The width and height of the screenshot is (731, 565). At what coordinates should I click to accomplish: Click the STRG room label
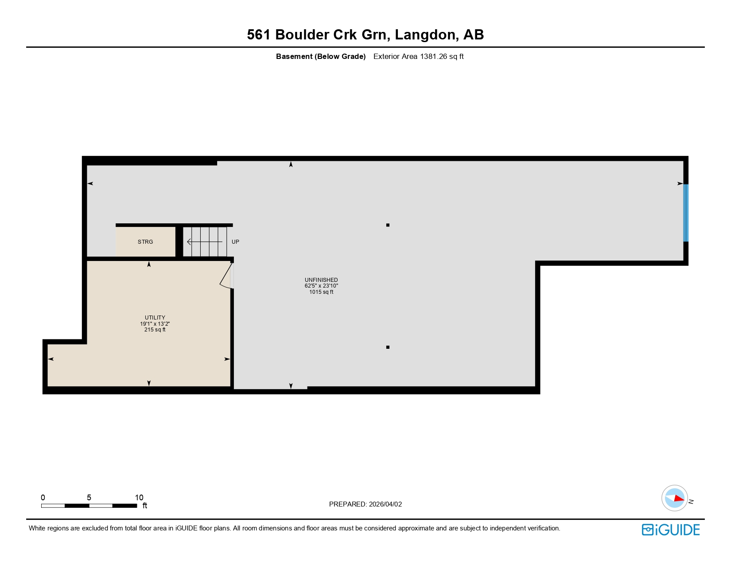coord(145,242)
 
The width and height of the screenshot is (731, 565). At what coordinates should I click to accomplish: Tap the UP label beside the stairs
coord(235,242)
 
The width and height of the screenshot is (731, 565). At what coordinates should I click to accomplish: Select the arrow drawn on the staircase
coord(204,242)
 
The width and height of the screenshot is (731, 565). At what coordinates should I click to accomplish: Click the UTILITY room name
coord(155,318)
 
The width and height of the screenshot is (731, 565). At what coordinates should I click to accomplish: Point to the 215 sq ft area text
coord(155,330)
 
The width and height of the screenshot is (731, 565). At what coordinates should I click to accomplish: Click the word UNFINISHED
coord(321,280)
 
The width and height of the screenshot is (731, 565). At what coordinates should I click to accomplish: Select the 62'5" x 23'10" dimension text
coord(321,286)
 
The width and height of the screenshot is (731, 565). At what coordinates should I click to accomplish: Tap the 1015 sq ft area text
coord(321,292)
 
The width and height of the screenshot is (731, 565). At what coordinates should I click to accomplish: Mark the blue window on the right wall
coord(686,213)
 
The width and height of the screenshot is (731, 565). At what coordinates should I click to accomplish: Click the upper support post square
coord(388,225)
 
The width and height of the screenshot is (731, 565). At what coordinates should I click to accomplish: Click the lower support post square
coord(388,347)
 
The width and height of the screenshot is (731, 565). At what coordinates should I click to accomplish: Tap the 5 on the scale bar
coord(89,498)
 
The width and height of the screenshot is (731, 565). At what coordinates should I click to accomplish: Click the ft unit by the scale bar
coord(144,506)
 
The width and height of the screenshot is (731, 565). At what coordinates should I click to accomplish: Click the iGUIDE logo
coord(671,530)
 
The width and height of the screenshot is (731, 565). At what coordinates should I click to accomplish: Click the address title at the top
coord(365,35)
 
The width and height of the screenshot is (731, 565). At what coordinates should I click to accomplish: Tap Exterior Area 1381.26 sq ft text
coord(418,56)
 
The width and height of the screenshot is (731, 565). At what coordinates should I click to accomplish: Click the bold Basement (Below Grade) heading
coord(321,56)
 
